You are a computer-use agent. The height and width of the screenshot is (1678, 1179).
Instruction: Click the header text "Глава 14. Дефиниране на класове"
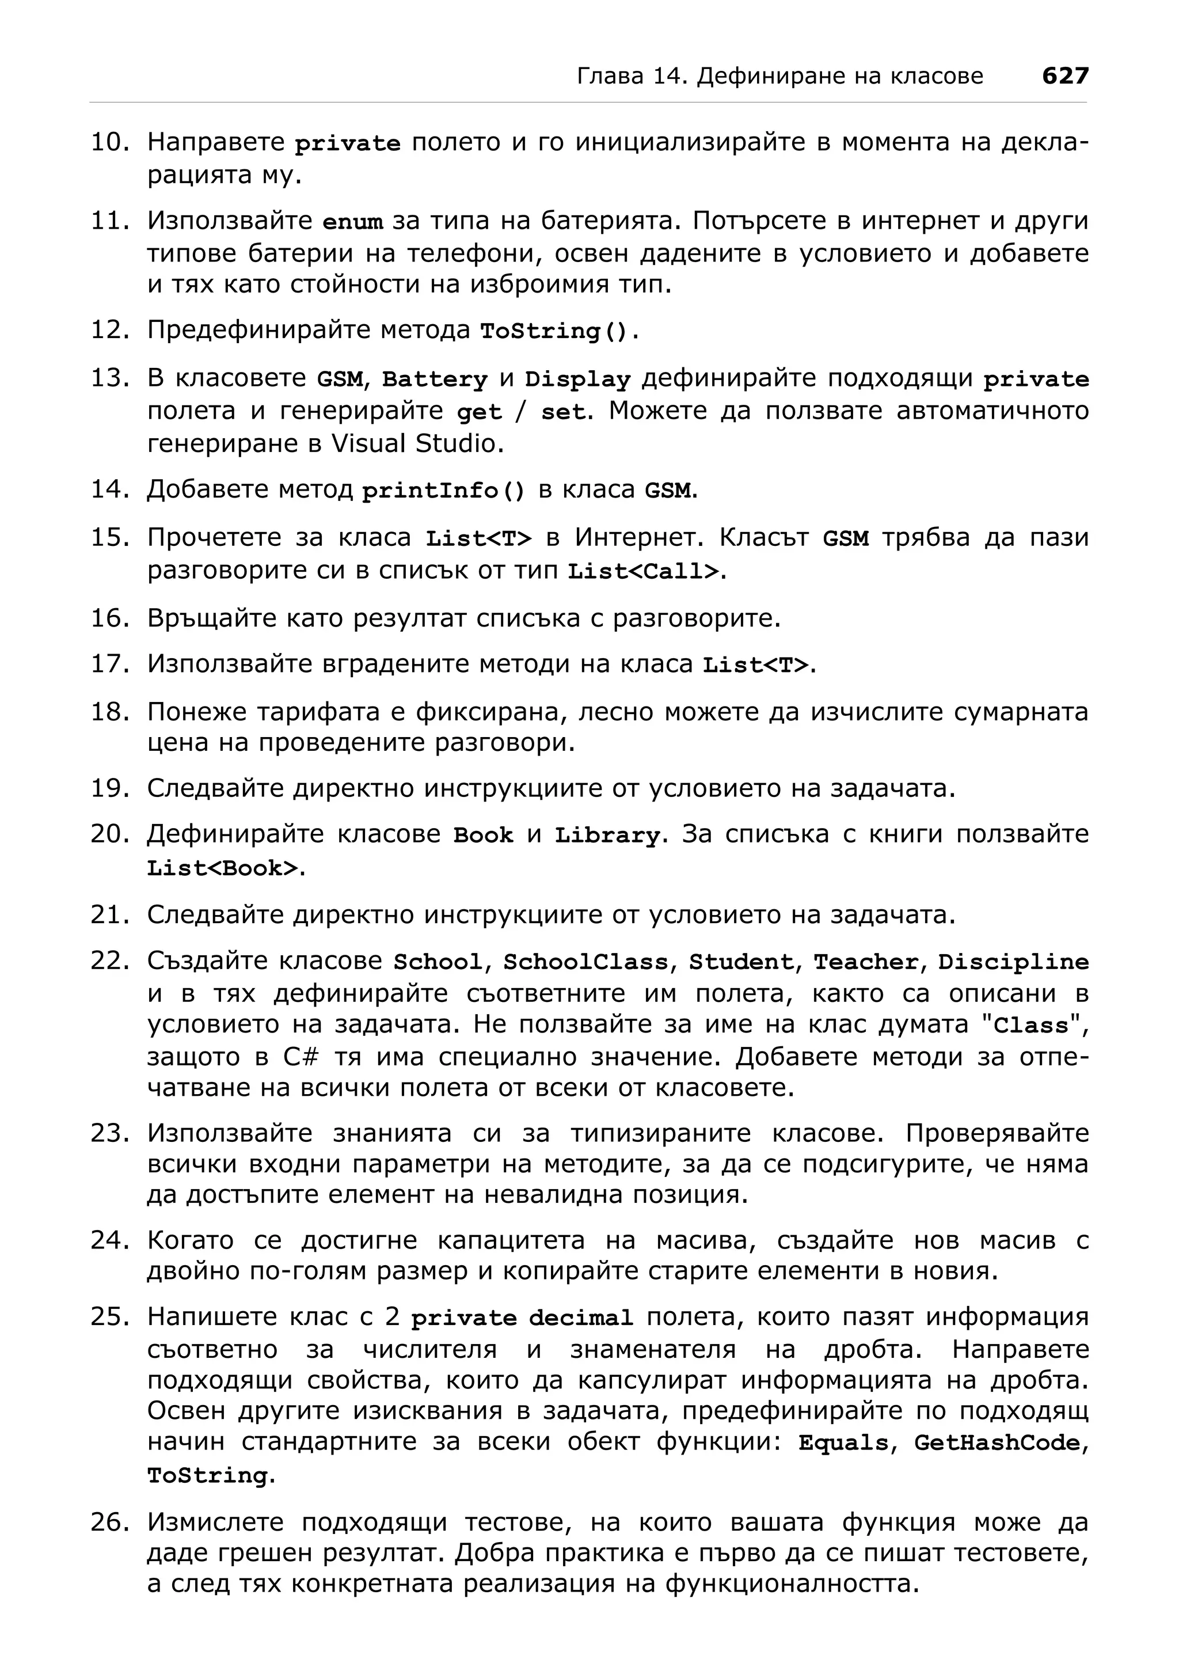(x=779, y=76)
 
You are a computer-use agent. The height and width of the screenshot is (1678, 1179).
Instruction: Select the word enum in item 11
(x=353, y=222)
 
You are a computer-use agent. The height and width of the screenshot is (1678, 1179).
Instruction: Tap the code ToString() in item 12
(x=554, y=332)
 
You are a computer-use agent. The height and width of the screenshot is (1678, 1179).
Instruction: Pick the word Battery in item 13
(x=434, y=379)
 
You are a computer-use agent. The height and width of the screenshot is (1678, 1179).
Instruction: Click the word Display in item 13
(x=577, y=379)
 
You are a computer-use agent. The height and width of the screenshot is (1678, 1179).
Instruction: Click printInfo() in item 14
(x=443, y=491)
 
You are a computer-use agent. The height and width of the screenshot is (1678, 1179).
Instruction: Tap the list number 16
(x=109, y=618)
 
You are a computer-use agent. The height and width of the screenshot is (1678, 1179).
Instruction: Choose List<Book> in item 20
(x=223, y=868)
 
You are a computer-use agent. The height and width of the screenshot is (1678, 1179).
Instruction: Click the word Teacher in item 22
(x=866, y=962)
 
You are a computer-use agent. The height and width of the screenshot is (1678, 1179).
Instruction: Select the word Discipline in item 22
(x=1013, y=962)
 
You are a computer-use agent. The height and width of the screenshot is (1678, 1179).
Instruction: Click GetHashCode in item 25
(x=996, y=1442)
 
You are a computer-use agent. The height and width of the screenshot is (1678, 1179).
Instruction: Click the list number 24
(x=109, y=1240)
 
